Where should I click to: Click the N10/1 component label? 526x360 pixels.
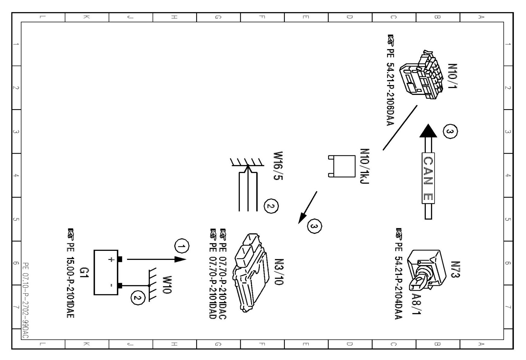tap(452, 76)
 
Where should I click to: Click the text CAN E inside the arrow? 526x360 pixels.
tap(428, 179)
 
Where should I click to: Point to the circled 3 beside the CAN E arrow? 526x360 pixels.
tap(450, 132)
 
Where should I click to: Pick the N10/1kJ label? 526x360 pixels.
tap(365, 166)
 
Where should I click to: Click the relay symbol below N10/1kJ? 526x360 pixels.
tap(342, 166)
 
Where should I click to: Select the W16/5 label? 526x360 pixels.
tap(278, 166)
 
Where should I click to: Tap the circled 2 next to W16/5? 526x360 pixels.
tap(271, 206)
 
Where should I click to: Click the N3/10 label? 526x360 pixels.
tap(279, 272)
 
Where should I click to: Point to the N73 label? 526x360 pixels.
tap(455, 269)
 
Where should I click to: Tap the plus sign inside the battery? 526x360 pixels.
tap(111, 259)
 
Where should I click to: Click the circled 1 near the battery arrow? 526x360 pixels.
tap(182, 246)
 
